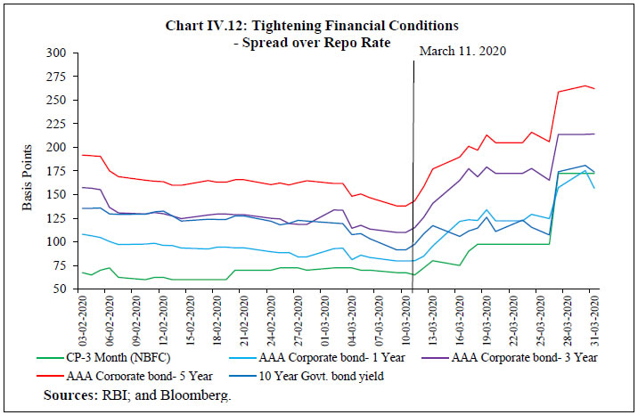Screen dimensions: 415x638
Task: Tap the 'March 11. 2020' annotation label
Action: [462, 53]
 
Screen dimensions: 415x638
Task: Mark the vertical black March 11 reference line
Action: [413, 178]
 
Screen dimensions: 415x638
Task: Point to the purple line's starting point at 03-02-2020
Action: [82, 187]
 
